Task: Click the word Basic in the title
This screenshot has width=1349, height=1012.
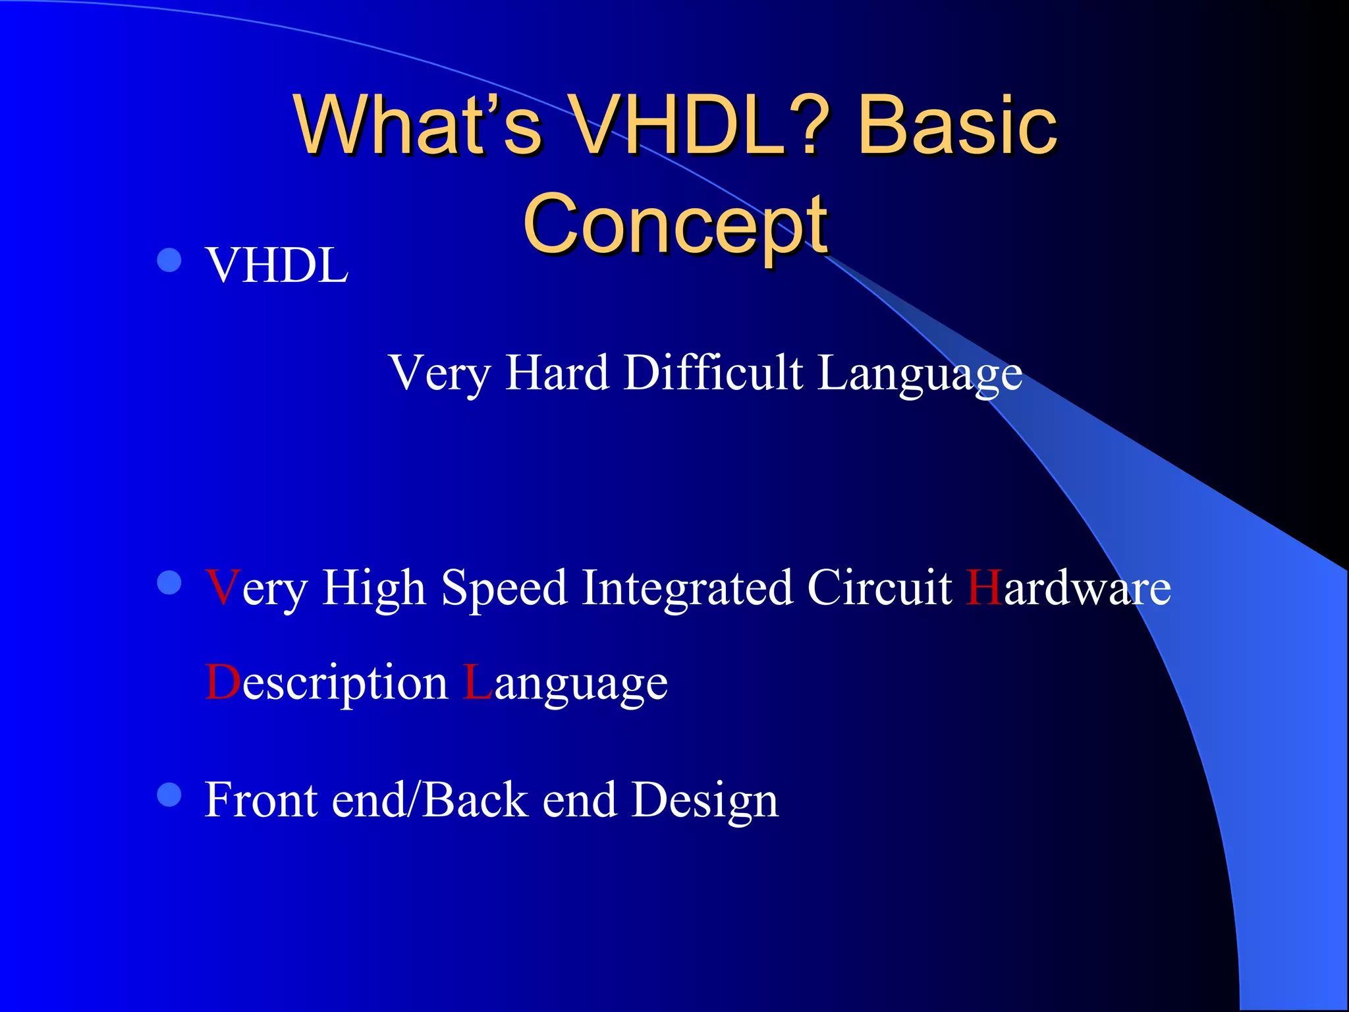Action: pyautogui.click(x=956, y=125)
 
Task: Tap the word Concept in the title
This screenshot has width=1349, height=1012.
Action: pyautogui.click(x=675, y=224)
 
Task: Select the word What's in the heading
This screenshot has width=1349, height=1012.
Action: pyautogui.click(x=418, y=125)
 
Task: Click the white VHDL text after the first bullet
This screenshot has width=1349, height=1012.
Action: pyautogui.click(x=277, y=266)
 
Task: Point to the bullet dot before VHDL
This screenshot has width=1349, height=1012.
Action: pyautogui.click(x=169, y=260)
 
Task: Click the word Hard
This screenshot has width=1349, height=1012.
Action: pyautogui.click(x=557, y=373)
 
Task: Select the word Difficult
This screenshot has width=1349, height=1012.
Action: pyautogui.click(x=713, y=373)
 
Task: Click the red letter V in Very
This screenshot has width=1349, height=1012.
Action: pyautogui.click(x=222, y=588)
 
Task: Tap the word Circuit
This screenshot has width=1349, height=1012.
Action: pyautogui.click(x=879, y=588)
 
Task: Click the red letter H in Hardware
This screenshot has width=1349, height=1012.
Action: pyautogui.click(x=984, y=588)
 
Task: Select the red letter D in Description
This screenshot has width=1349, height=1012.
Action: pyautogui.click(x=223, y=683)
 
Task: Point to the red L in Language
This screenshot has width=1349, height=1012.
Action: pyautogui.click(x=477, y=683)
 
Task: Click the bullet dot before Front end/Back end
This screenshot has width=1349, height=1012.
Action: pyautogui.click(x=169, y=795)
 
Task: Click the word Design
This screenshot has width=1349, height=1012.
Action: pyautogui.click(x=705, y=801)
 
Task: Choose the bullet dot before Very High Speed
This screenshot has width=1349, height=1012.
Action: pyautogui.click(x=169, y=582)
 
